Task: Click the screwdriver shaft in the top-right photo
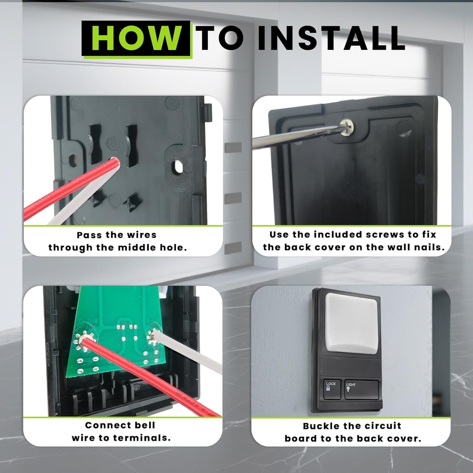point(296,136)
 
